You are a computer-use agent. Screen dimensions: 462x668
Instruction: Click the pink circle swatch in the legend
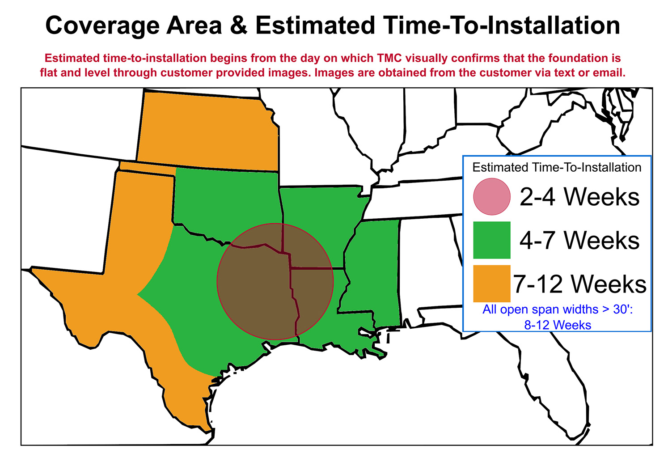tap(491, 196)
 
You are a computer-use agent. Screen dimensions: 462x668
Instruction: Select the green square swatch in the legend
tap(491, 240)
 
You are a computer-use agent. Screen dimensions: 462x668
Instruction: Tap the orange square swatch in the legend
tap(491, 284)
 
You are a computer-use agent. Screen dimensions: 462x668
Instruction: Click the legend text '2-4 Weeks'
tap(579, 196)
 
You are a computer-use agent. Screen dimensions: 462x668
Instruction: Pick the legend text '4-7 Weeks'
tap(579, 240)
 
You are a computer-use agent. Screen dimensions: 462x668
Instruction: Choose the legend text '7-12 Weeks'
tap(579, 284)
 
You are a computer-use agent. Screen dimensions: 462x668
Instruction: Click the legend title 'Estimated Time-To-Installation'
tap(557, 167)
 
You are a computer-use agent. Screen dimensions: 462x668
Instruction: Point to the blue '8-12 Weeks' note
tap(558, 325)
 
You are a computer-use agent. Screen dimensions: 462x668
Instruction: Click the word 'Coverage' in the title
tap(102, 25)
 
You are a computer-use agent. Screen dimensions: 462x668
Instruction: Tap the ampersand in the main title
tap(239, 25)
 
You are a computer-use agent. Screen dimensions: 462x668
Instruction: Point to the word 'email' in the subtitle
tap(608, 72)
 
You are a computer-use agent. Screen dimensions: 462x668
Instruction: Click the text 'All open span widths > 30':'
tap(558, 309)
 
